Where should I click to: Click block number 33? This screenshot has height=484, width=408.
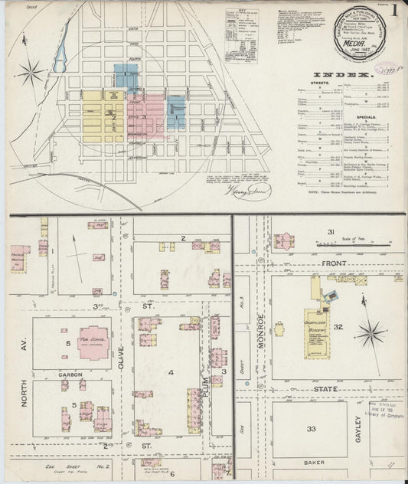(x=311, y=429)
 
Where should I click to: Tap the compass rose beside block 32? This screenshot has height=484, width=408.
(x=370, y=333)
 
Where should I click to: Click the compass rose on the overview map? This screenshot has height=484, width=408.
(x=31, y=73)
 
